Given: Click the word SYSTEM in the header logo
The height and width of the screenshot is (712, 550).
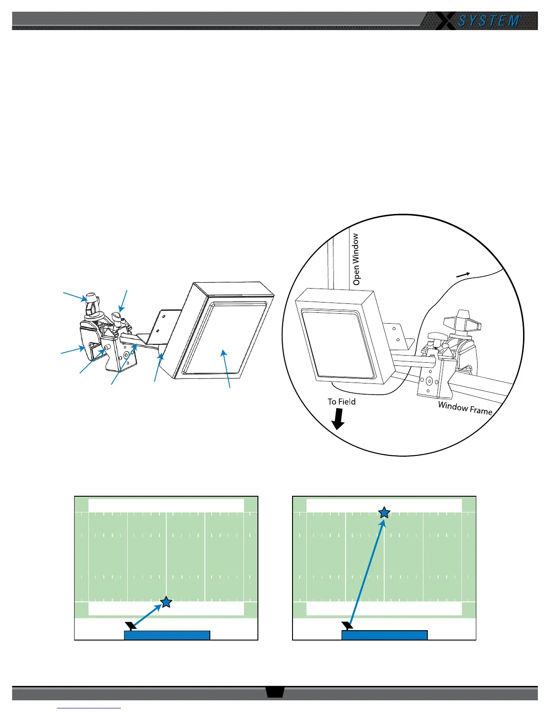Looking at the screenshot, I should pos(489,21).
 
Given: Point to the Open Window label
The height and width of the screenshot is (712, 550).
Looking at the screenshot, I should pos(356,259).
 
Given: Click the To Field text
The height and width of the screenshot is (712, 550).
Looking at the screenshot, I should pos(342,402).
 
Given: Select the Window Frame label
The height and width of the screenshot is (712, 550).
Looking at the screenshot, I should pos(465,408).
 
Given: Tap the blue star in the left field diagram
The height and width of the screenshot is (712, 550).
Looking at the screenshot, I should pos(166,602).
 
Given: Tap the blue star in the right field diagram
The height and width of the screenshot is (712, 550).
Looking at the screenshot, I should pos(384,512).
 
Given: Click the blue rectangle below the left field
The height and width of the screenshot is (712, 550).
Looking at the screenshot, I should pos(167,635).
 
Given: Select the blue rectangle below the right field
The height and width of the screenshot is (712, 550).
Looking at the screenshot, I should pos(384,635).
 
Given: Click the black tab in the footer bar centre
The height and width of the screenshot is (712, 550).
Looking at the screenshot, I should pos(275,692).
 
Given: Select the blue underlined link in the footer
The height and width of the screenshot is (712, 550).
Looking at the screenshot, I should pos(89,708).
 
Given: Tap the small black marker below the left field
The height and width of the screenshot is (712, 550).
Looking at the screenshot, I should pos(131,625).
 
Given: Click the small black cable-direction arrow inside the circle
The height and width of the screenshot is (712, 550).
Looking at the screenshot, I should pos(463,275).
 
